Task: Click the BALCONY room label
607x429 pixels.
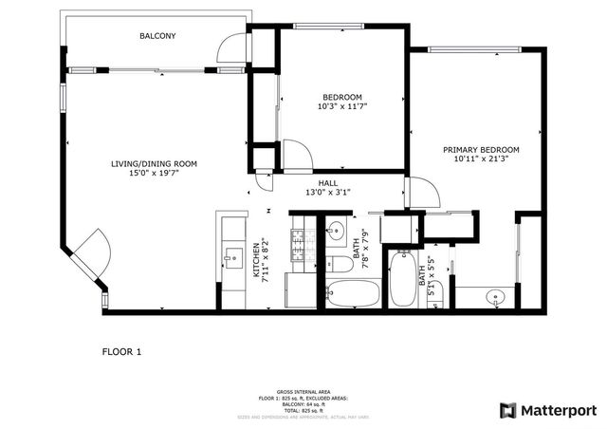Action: [x=157, y=36]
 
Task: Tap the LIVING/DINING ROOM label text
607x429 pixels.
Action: [x=153, y=164]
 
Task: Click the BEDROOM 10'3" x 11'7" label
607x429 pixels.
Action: [x=341, y=102]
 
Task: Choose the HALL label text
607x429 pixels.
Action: [x=328, y=183]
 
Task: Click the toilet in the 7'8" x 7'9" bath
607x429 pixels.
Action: [x=338, y=265]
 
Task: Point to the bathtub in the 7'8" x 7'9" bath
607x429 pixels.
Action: [x=352, y=295]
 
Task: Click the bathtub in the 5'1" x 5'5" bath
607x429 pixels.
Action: [x=403, y=282]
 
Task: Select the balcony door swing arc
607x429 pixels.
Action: [x=230, y=47]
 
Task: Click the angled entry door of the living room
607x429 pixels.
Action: [x=90, y=254]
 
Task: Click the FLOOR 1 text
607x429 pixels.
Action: [x=121, y=352]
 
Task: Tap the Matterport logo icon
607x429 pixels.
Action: [x=507, y=410]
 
